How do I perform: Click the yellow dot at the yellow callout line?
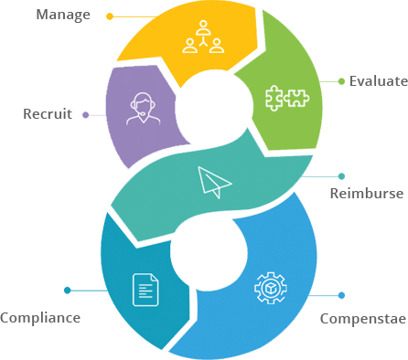[109, 16]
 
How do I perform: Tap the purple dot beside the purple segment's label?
[84, 115]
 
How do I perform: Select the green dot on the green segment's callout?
[341, 80]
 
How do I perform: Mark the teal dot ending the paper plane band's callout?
[342, 175]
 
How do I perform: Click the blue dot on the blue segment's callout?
[342, 294]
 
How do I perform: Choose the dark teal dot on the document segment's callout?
[67, 291]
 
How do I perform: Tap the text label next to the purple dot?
[41, 115]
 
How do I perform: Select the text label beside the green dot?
[379, 81]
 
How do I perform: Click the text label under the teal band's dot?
[367, 194]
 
